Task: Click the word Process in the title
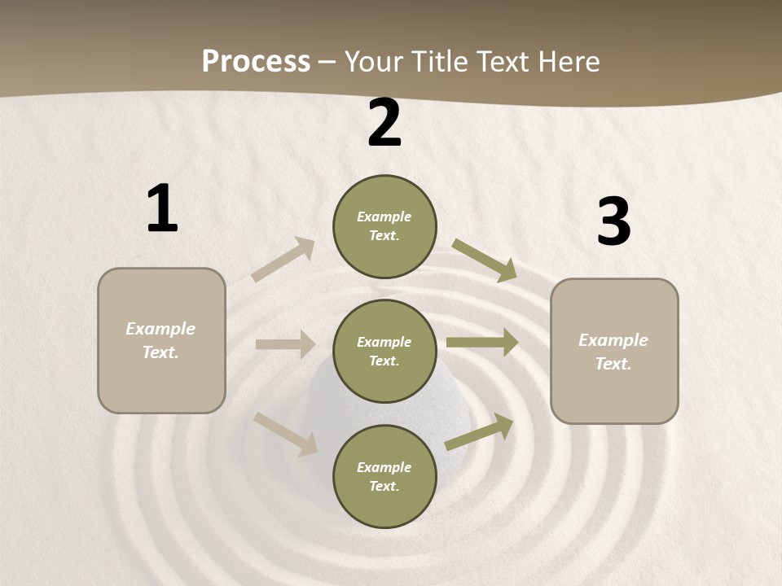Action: point(256,62)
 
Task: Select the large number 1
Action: point(162,209)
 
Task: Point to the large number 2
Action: point(384,124)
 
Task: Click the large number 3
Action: point(613,222)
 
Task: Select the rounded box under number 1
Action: point(161,340)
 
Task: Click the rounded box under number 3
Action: point(614,351)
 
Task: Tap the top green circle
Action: point(384,226)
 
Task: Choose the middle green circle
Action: point(384,351)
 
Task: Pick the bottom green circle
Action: point(384,476)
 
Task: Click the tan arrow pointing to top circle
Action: point(283,260)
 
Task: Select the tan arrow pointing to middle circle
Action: point(285,344)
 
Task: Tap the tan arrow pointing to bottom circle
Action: point(285,433)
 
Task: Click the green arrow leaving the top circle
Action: point(485,260)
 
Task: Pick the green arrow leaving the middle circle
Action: point(482,343)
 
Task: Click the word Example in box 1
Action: point(160,329)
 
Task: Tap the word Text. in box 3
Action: point(613,364)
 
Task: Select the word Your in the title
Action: point(373,62)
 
